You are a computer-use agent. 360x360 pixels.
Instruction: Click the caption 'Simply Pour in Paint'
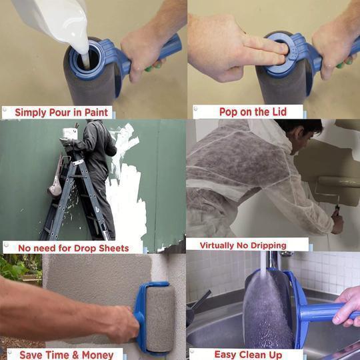point(63,112)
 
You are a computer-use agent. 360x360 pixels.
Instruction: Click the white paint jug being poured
point(53,17)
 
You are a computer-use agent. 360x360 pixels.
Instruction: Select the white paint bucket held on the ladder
point(69,133)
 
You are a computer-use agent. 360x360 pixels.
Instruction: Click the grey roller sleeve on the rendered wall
point(159,317)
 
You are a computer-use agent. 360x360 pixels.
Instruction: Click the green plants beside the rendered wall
point(17,270)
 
